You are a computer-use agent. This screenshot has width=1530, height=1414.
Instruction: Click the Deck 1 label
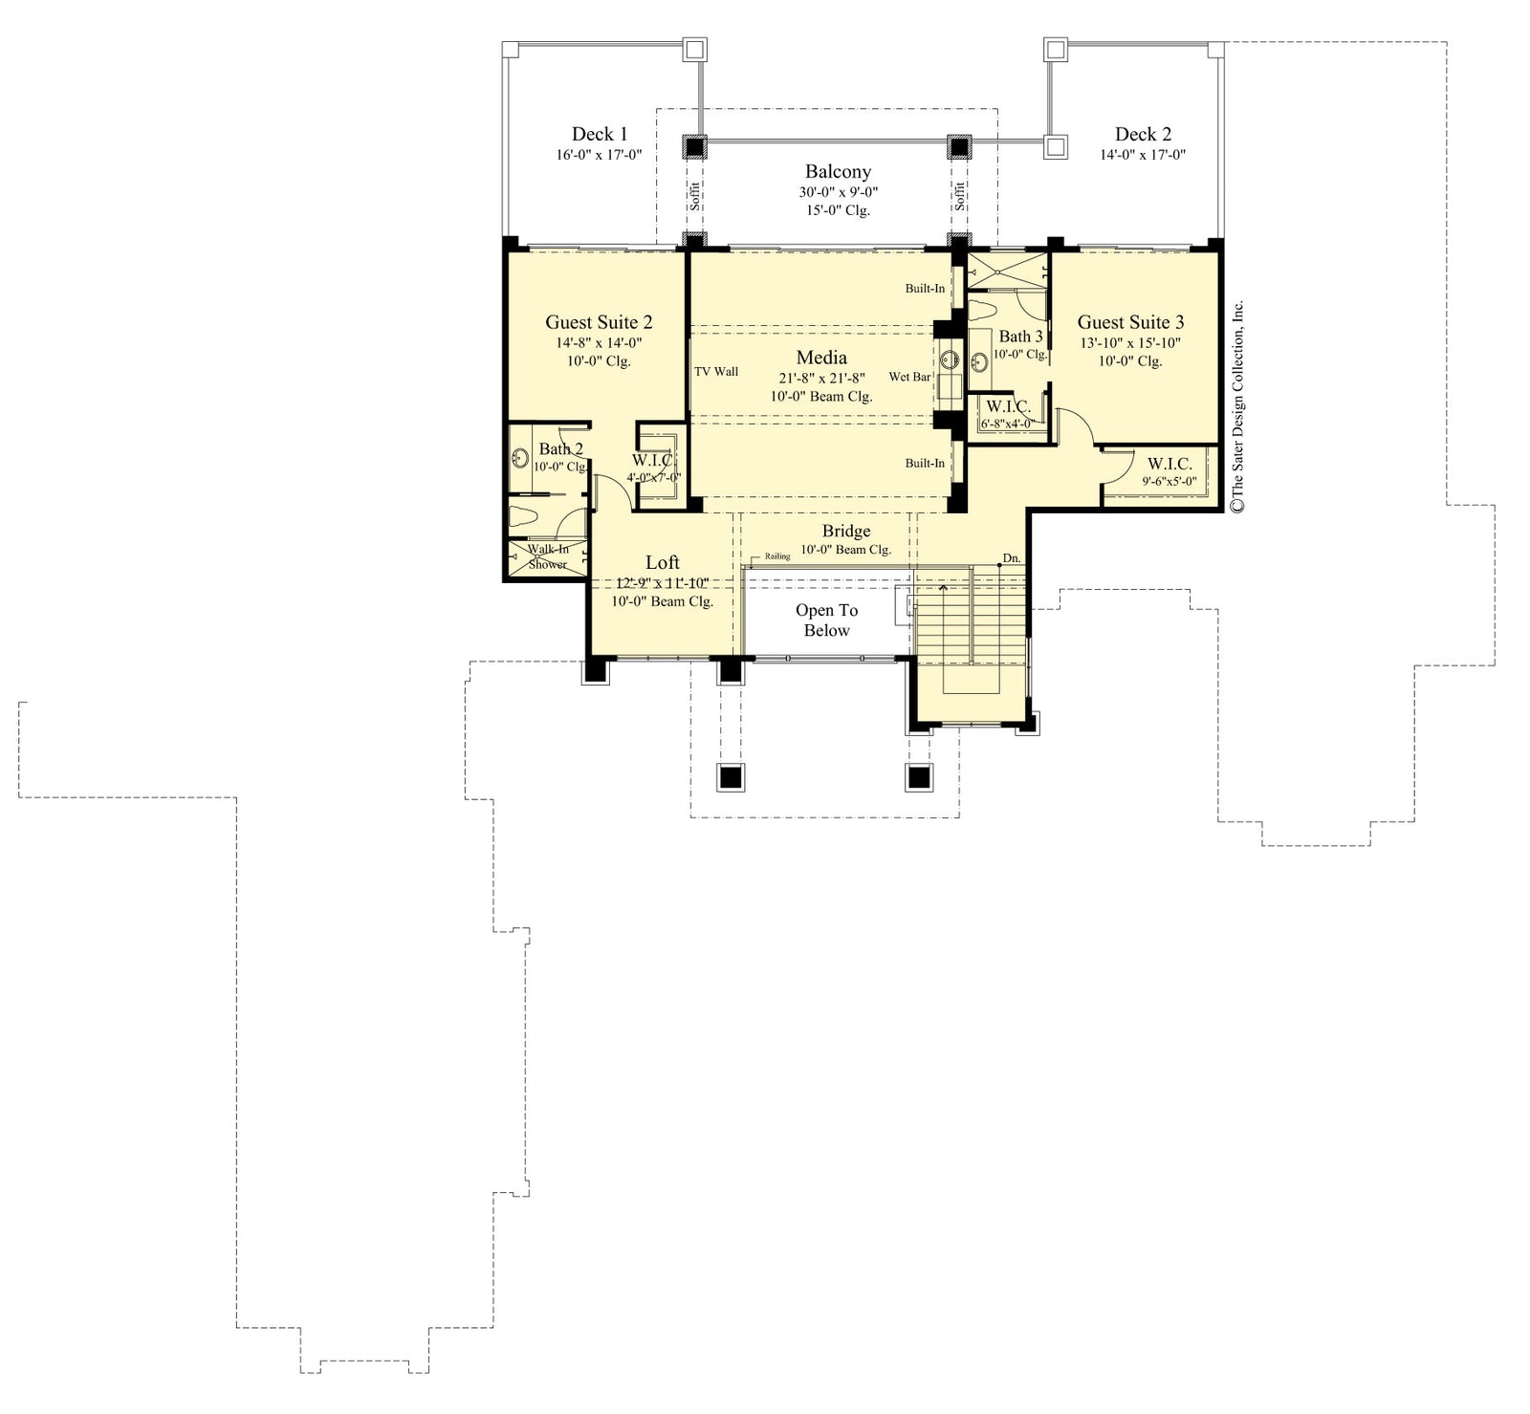pyautogui.click(x=600, y=134)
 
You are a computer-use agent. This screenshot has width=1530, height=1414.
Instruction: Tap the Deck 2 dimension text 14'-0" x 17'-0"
pyautogui.click(x=1142, y=155)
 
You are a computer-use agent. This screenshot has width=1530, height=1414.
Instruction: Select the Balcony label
pyautogui.click(x=838, y=171)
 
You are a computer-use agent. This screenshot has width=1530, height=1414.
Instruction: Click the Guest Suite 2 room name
pyautogui.click(x=599, y=322)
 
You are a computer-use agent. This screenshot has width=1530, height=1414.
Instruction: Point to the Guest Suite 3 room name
pyautogui.click(x=1130, y=322)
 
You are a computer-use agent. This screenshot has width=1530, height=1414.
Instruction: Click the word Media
pyautogui.click(x=821, y=358)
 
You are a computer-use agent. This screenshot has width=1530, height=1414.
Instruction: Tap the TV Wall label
pyautogui.click(x=715, y=372)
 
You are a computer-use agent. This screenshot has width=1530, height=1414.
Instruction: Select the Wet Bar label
pyautogui.click(x=909, y=377)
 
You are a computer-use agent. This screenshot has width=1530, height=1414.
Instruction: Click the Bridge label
pyautogui.click(x=846, y=531)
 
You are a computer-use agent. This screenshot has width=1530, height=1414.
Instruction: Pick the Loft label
pyautogui.click(x=662, y=562)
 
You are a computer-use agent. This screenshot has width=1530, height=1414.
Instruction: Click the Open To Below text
pyautogui.click(x=826, y=620)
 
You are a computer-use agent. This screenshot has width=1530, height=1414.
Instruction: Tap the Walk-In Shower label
pyautogui.click(x=548, y=556)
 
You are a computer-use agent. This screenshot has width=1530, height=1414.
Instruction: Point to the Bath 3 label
pyautogui.click(x=1020, y=337)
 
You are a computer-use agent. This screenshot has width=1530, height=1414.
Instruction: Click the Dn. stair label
pyautogui.click(x=1011, y=557)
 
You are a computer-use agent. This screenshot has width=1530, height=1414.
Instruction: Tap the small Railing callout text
pyautogui.click(x=777, y=556)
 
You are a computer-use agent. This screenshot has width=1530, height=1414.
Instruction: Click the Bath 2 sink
pyautogui.click(x=521, y=458)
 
